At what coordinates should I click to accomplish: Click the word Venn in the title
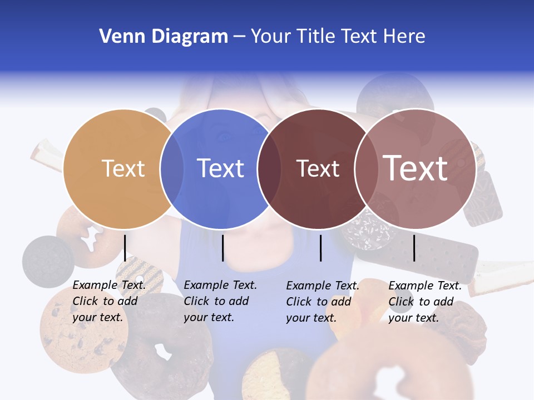pos(118,37)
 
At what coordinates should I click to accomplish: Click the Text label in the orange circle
pos(123,168)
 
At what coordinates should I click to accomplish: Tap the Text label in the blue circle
pos(221,168)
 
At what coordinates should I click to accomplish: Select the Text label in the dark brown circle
pos(318,169)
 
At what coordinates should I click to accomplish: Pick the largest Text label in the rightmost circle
pos(416,168)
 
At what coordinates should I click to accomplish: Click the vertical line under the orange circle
pos(125,248)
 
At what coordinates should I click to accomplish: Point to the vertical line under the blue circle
pos(222,248)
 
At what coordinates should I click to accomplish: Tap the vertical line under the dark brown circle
pos(321,248)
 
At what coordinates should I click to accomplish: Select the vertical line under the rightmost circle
pos(414,248)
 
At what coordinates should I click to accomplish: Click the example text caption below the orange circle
pos(109,301)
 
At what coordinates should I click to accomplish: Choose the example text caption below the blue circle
pos(220,301)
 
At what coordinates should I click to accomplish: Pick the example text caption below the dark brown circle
pos(323,302)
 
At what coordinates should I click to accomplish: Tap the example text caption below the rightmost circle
pos(425,302)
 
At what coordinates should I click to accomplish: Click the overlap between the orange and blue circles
pos(172,169)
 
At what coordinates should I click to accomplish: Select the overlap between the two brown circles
pos(364,169)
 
